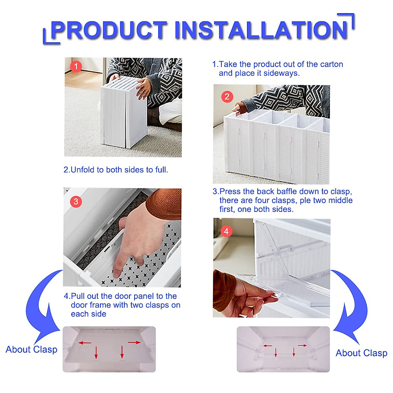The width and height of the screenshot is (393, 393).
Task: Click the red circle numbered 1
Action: click(76, 67)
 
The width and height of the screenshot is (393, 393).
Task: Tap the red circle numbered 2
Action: click(227, 97)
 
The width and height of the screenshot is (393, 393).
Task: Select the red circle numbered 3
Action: click(76, 201)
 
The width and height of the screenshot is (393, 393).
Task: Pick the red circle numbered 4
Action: click(226, 232)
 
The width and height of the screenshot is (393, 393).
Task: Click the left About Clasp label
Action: click(31, 349)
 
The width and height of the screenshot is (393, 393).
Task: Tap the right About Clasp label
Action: click(361, 353)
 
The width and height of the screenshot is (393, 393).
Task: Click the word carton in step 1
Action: click(331, 64)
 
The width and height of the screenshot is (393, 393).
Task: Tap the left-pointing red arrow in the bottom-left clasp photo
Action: click(85, 343)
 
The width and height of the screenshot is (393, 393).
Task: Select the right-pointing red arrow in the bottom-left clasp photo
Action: click(134, 343)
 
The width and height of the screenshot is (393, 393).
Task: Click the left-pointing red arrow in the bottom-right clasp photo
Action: click(268, 346)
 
